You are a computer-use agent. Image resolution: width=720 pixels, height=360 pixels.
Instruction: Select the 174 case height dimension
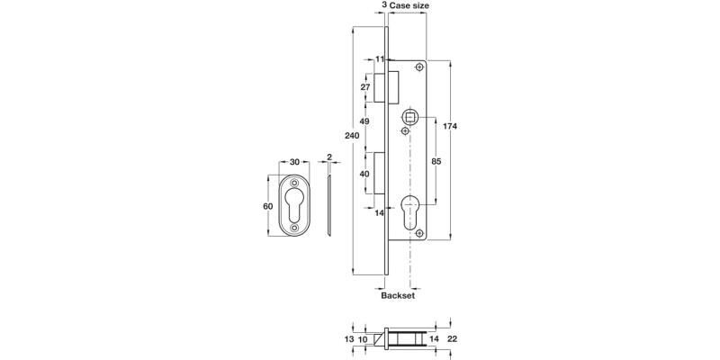point(452,127)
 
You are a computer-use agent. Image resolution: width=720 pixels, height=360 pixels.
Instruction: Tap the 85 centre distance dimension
point(435,162)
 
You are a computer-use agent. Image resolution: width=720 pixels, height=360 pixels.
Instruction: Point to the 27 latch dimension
point(365,87)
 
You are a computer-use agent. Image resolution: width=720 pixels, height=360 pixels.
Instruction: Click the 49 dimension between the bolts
point(365,121)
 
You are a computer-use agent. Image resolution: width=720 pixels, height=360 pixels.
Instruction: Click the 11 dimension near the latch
point(380,58)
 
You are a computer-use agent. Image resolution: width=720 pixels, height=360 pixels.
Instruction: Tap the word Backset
point(396,294)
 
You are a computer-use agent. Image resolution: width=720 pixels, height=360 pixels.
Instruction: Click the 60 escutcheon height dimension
point(267,206)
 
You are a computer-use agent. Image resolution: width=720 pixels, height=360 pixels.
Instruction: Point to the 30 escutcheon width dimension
point(296,162)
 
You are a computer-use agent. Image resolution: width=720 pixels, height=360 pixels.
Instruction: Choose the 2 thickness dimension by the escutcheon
point(330,157)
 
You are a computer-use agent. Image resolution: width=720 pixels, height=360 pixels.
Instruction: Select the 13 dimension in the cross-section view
point(349,339)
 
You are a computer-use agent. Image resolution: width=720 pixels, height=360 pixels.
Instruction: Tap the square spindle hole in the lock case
point(411,116)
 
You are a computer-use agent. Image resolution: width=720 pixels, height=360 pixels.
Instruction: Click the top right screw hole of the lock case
point(419,68)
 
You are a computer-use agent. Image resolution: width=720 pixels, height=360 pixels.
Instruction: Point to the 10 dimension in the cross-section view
point(364,339)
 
